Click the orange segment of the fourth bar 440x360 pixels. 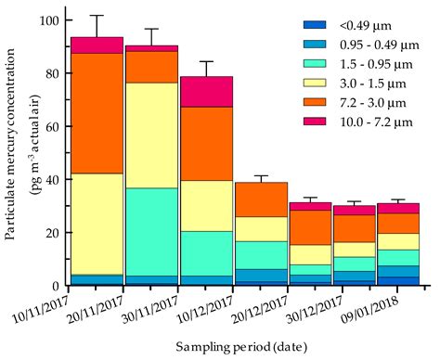click(x=261, y=199)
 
